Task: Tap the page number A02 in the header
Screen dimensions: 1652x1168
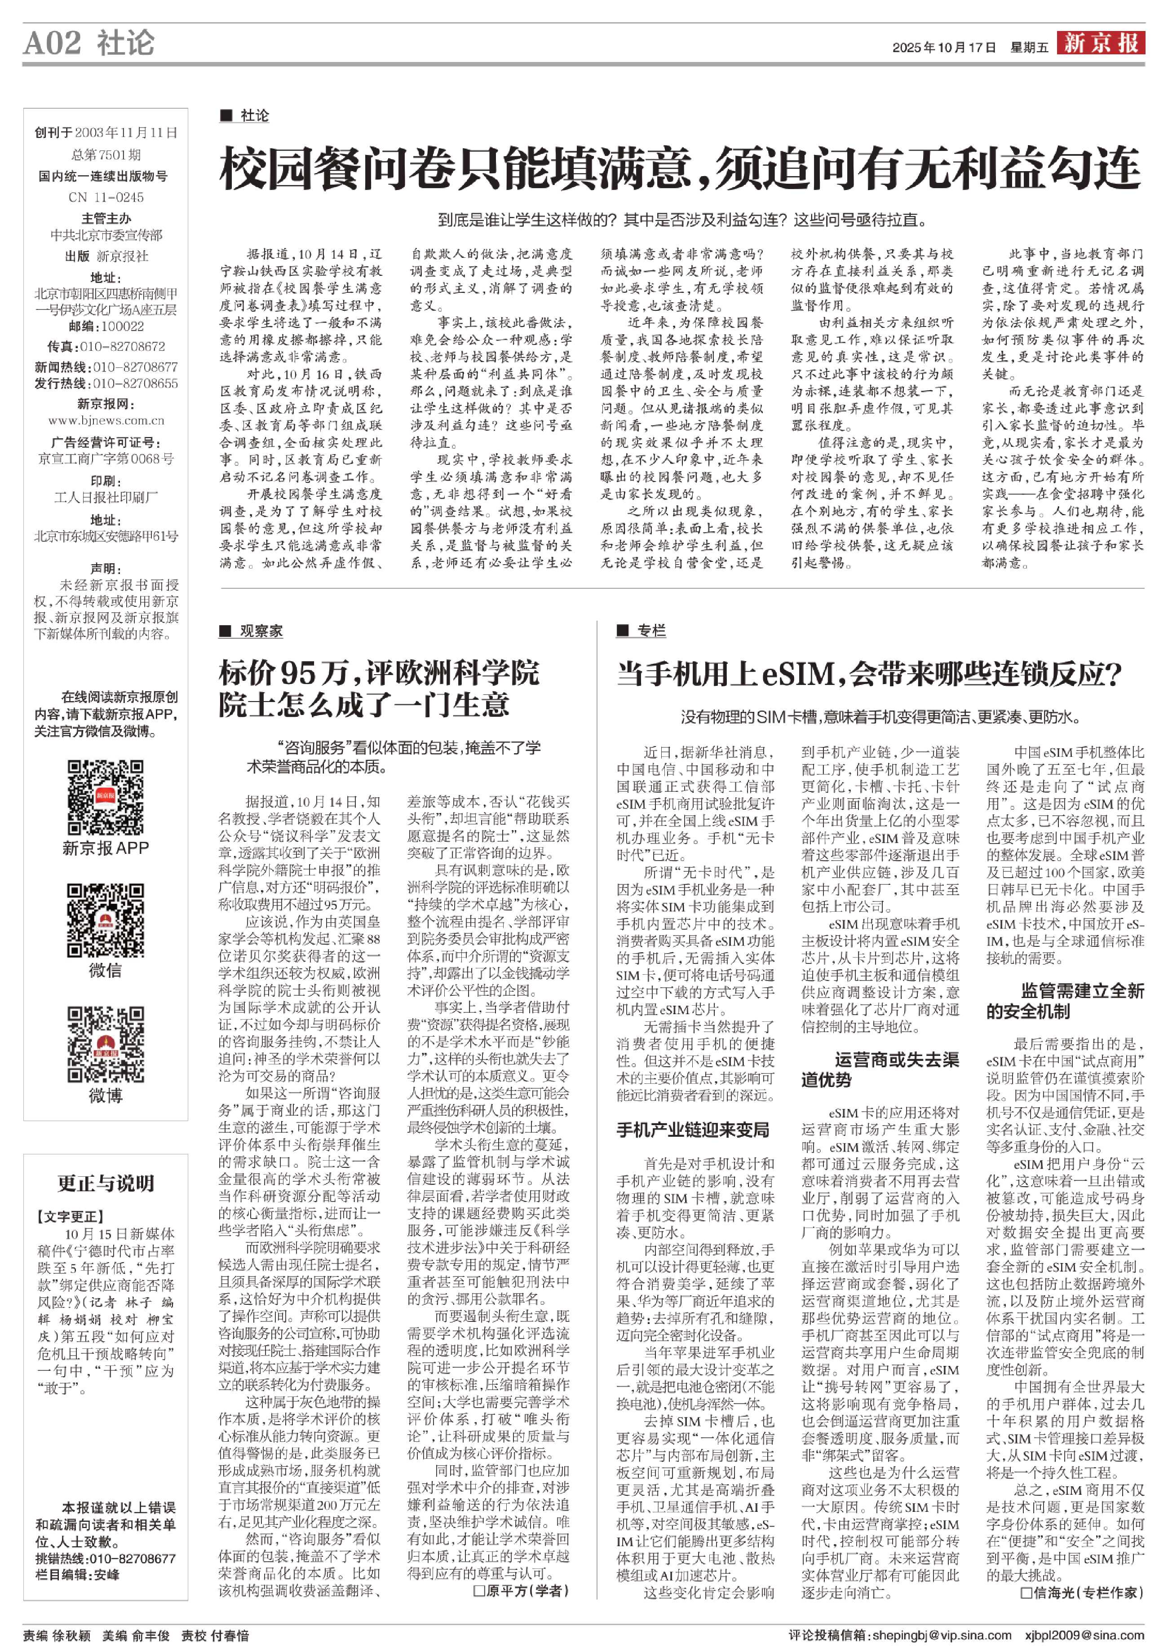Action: click(x=53, y=43)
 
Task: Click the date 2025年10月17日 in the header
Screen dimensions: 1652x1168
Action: click(x=943, y=48)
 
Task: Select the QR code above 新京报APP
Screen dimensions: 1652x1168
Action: click(x=106, y=797)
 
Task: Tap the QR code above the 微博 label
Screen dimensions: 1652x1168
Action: click(x=106, y=1044)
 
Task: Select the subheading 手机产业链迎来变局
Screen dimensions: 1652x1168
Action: click(x=692, y=1130)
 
